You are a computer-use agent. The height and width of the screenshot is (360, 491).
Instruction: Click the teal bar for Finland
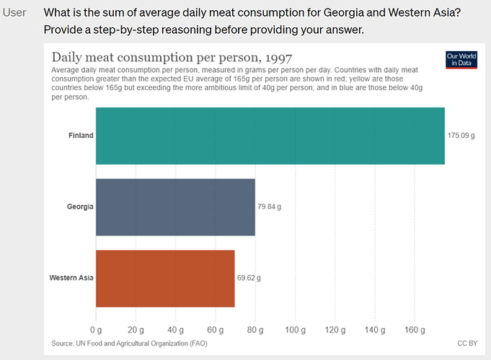pos(270,136)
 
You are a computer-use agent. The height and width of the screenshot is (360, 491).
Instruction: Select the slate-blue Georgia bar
pos(175,207)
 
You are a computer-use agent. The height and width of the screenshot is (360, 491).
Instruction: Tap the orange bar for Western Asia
pos(165,278)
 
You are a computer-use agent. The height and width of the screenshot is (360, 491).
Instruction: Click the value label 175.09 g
pos(461,136)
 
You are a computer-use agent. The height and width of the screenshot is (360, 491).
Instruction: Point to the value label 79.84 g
pos(270,207)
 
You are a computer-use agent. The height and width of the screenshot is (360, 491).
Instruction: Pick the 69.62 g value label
pos(249,278)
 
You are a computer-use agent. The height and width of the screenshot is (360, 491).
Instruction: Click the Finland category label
pos(81,136)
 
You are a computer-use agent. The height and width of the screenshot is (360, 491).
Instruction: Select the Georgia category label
pos(79,207)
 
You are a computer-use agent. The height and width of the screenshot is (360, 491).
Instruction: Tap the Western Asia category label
pos(71,278)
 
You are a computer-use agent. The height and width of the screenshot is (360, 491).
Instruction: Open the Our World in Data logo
pos(462,60)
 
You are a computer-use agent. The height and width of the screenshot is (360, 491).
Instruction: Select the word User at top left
pos(14,13)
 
